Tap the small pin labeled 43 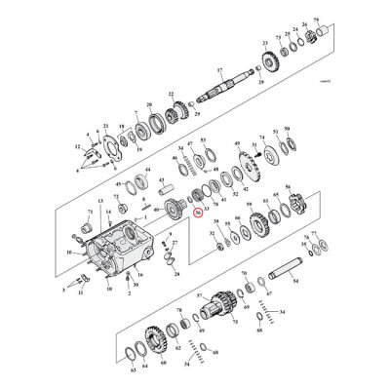click(148, 206)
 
